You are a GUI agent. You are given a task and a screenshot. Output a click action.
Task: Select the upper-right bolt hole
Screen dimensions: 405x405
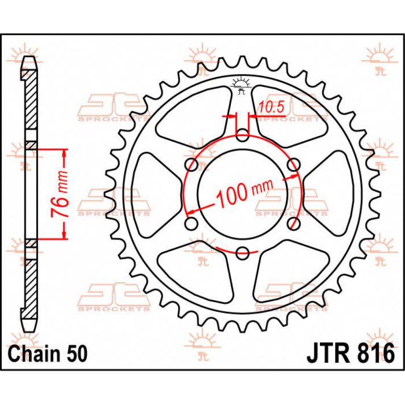point(293,165)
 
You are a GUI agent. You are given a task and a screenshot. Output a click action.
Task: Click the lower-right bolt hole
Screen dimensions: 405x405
point(293,223)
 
